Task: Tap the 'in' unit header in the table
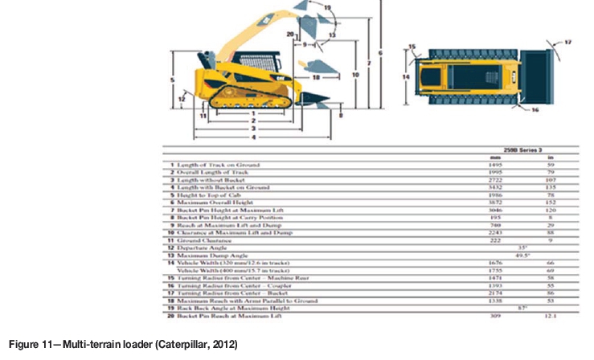(x=550, y=157)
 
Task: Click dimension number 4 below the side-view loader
(x=252, y=137)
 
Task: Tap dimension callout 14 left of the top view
(x=407, y=77)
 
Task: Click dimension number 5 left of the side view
(x=172, y=80)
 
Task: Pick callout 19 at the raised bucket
(x=326, y=7)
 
